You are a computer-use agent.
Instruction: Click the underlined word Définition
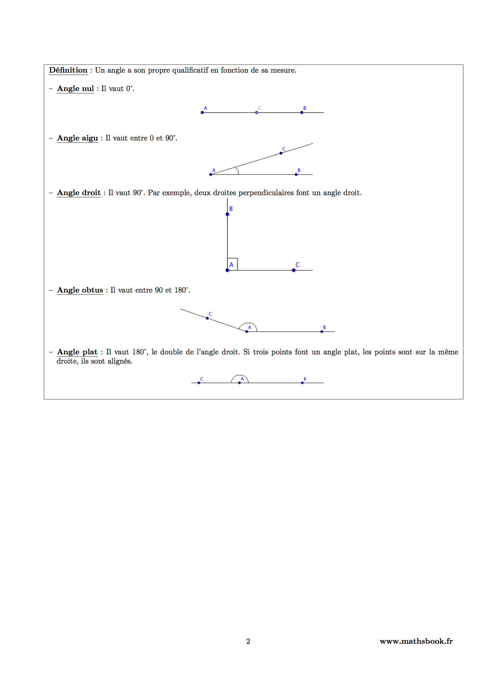pos(68,70)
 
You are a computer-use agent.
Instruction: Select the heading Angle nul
pos(76,89)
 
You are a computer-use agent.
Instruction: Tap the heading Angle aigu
pos(78,138)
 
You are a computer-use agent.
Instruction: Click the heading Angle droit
pos(79,193)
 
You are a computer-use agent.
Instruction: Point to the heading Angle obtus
pos(80,290)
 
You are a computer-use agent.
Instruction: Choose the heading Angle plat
pos(77,352)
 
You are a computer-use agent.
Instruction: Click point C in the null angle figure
pos(256,113)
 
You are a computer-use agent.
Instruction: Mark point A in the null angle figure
pos(202,113)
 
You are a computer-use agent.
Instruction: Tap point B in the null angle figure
pos(302,113)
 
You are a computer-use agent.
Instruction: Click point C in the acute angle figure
pos(281,153)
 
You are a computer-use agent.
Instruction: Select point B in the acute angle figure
pos(296,174)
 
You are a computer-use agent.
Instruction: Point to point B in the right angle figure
pos(227,214)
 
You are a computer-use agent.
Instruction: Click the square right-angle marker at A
pos(233,264)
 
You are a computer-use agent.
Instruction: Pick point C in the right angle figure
pos(294,270)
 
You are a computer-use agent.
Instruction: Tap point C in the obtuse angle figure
pos(207,318)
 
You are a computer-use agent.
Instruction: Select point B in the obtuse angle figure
pos(322,331)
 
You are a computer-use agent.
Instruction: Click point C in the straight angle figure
pos(199,383)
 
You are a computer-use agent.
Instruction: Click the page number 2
pos(248,641)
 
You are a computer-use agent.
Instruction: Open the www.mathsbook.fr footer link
pos(416,641)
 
